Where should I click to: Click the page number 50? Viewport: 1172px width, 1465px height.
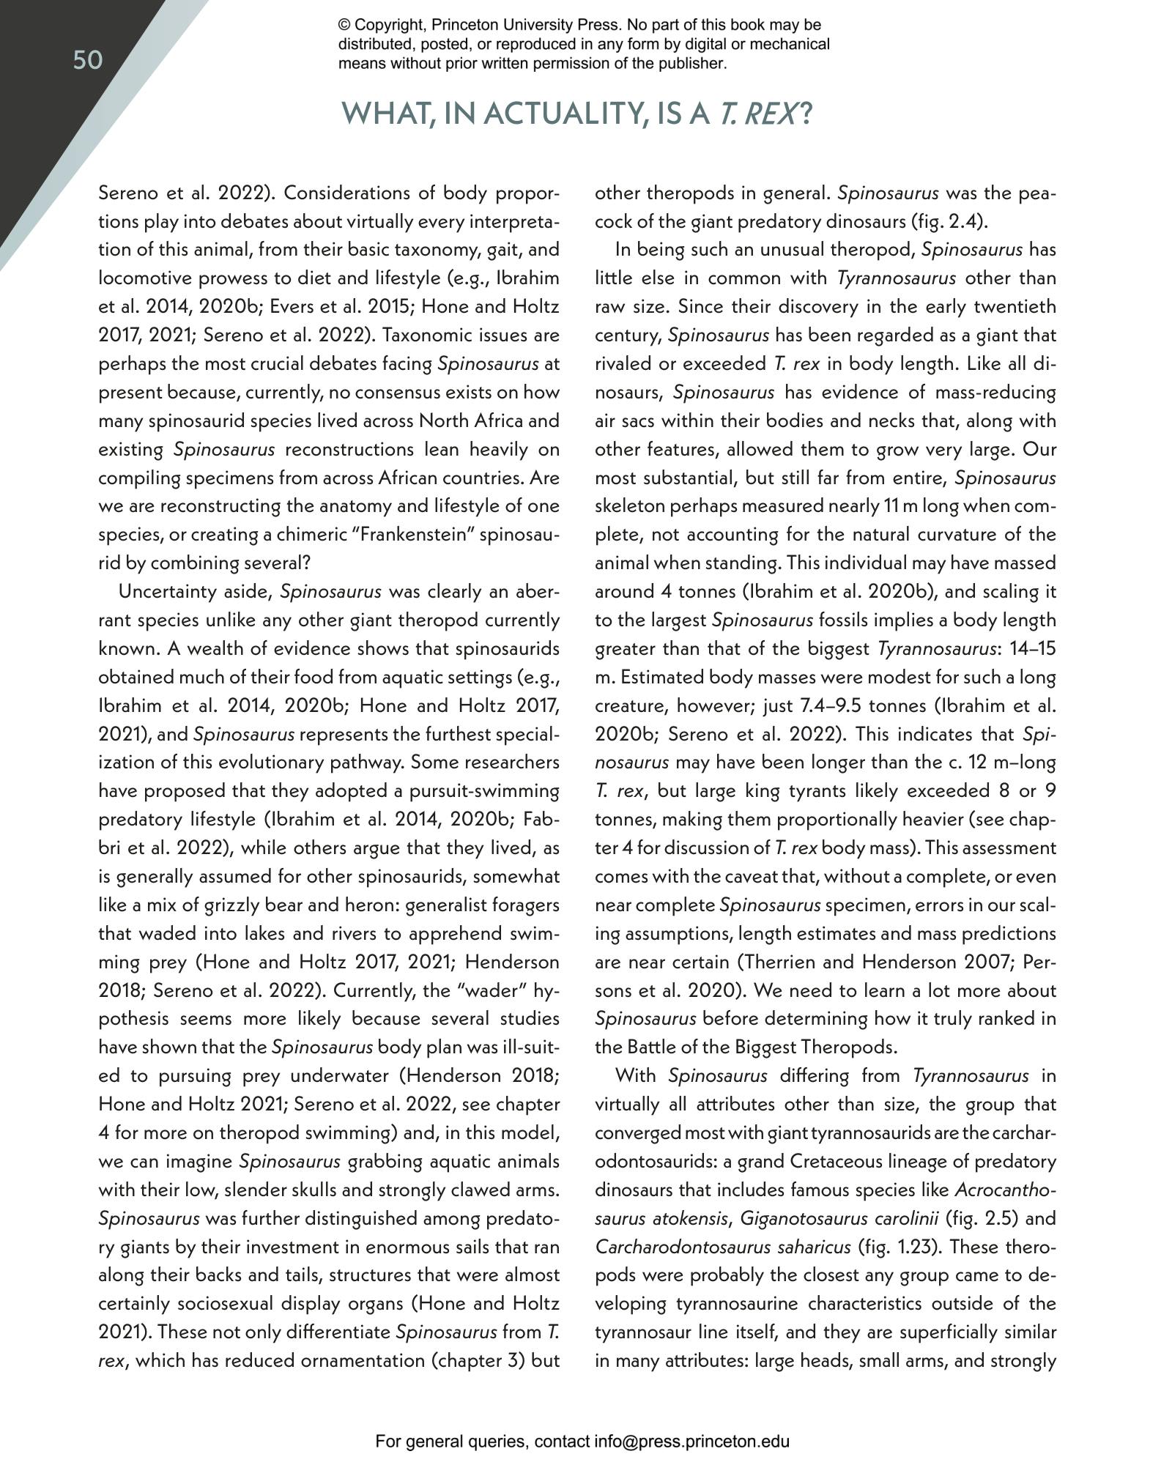88,60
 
